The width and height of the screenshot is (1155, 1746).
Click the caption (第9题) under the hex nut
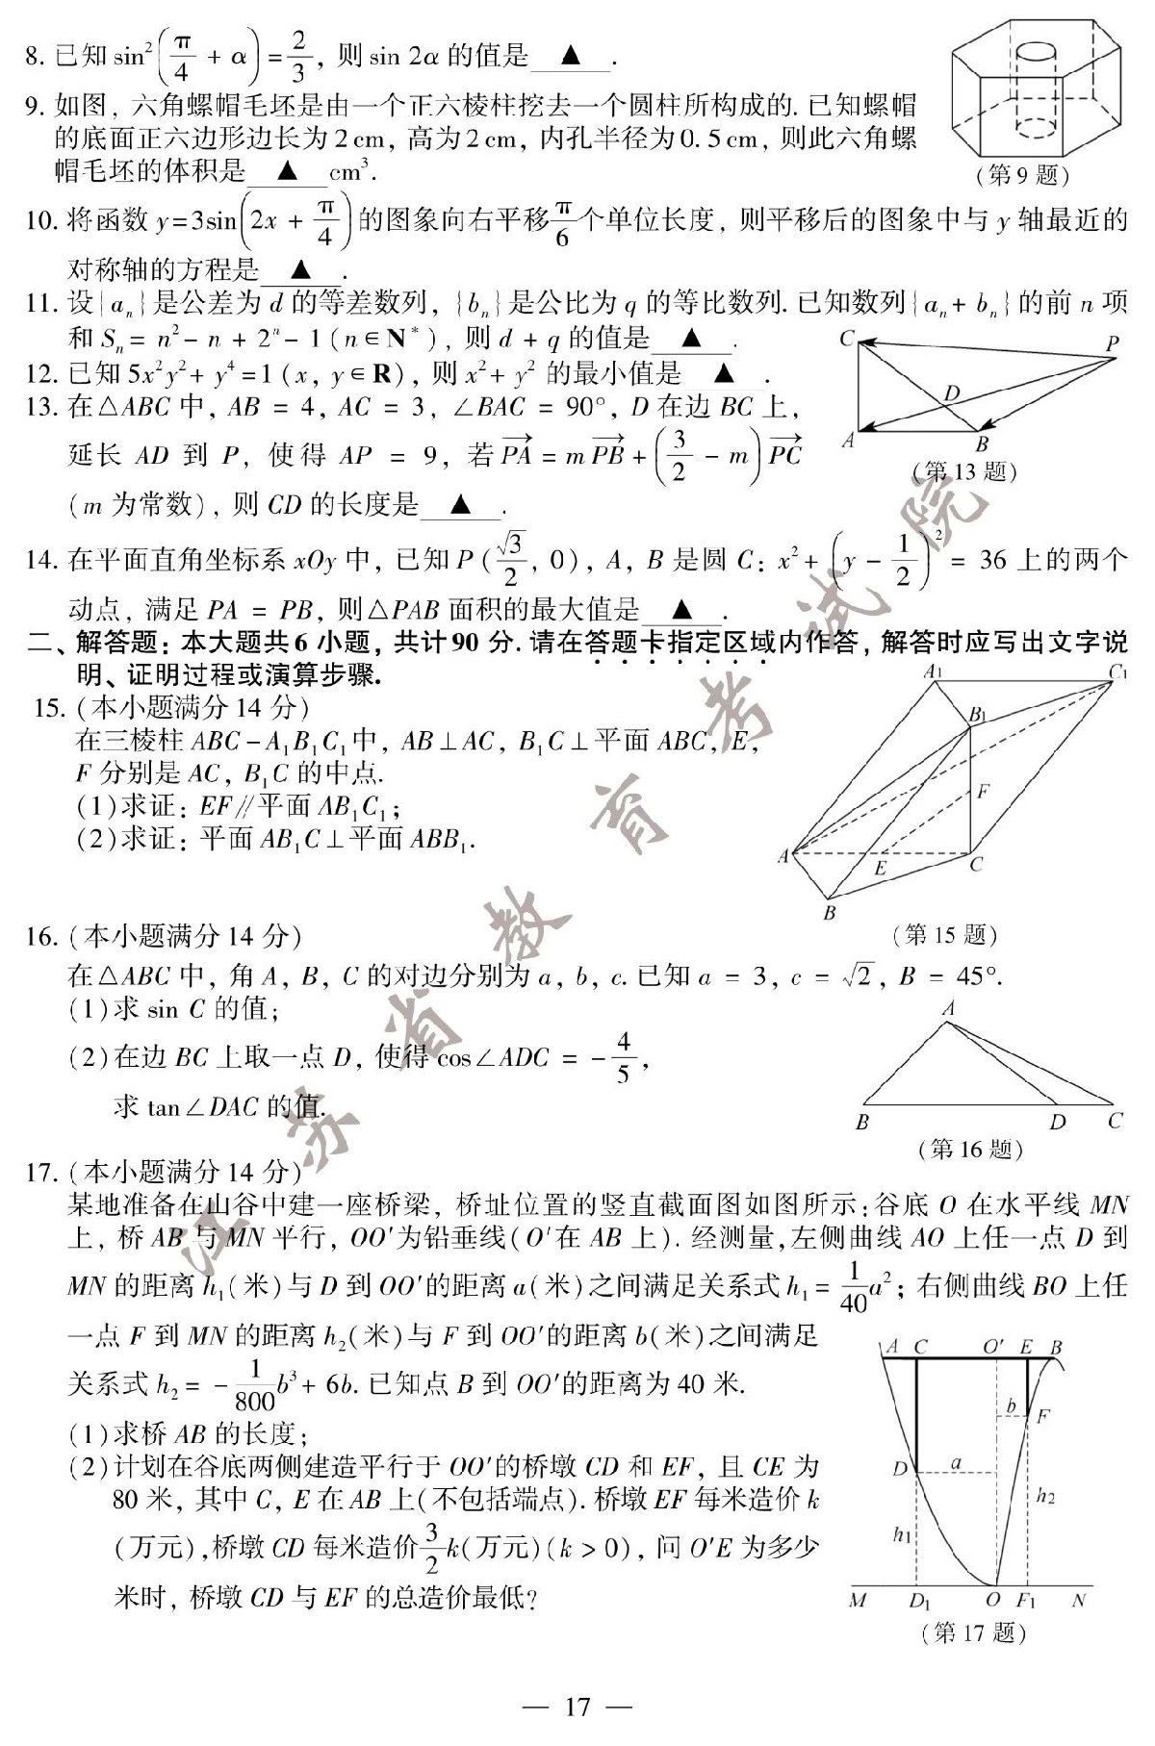point(1022,175)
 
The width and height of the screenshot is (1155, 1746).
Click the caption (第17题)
point(973,1632)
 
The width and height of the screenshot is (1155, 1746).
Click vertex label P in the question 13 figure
point(1112,343)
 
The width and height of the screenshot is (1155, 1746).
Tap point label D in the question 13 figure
point(951,392)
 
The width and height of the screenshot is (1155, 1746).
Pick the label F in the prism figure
point(982,793)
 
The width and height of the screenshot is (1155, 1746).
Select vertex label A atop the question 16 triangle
point(949,1009)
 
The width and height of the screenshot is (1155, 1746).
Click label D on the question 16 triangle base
point(1058,1122)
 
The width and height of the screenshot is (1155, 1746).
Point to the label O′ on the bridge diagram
point(994,1348)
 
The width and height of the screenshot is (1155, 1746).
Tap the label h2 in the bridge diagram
point(1045,1497)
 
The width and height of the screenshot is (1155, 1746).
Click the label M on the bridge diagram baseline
point(858,1601)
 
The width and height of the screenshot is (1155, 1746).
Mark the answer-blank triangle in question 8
point(570,57)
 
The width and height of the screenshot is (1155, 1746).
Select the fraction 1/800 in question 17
point(254,1385)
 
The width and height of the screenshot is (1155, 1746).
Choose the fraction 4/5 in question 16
point(623,1057)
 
